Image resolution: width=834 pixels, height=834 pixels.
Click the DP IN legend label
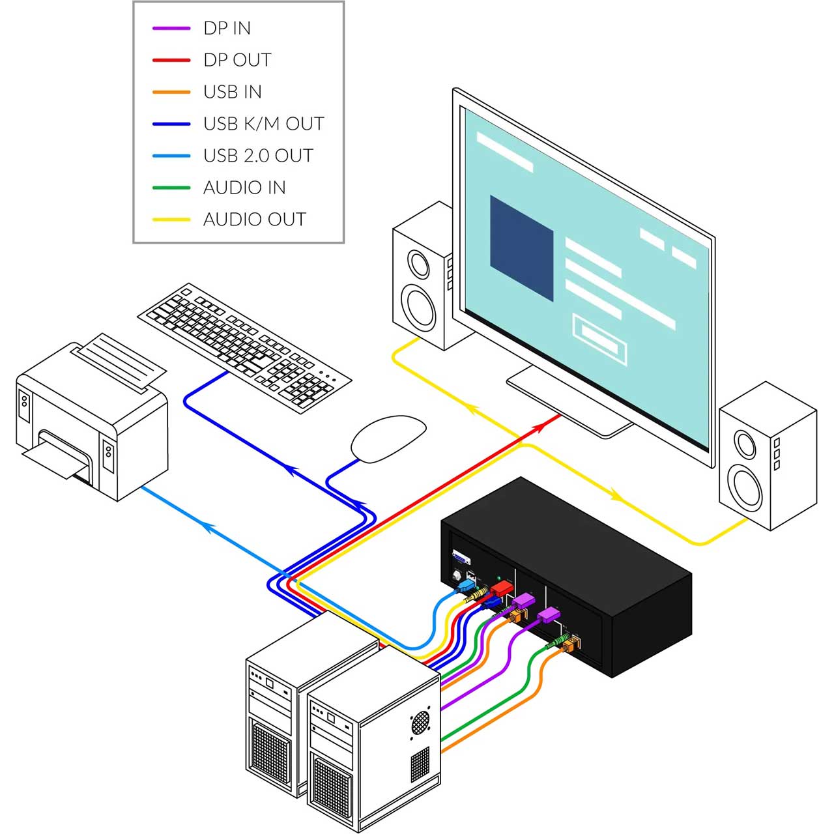[x=227, y=28]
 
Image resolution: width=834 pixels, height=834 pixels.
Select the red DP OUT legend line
[x=171, y=60]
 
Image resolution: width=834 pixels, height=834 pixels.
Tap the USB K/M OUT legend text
[x=264, y=124]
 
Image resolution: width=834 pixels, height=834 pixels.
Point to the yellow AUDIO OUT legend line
[x=171, y=220]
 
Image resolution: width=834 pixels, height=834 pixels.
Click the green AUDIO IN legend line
[x=171, y=188]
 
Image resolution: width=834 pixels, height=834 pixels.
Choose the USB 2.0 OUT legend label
[x=258, y=156]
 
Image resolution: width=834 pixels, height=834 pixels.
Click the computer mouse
[x=388, y=439]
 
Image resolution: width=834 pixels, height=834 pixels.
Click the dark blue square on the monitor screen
[x=521, y=248]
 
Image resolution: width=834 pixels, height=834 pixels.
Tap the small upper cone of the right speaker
[x=745, y=444]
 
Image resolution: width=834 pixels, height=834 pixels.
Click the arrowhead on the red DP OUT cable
[x=538, y=428]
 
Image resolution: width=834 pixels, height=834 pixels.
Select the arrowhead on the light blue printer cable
[x=209, y=526]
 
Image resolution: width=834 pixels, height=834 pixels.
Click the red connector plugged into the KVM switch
[x=502, y=588]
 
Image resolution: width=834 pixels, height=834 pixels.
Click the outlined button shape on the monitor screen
[x=599, y=339]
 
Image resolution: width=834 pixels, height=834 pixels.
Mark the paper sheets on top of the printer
[x=119, y=362]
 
